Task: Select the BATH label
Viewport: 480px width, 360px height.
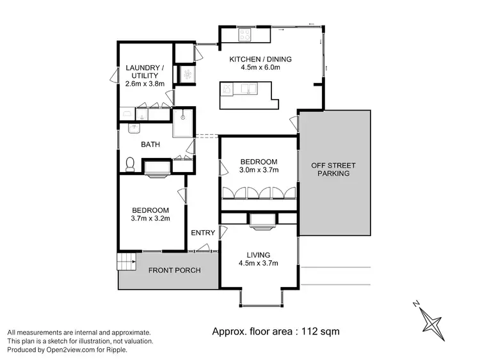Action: (150, 145)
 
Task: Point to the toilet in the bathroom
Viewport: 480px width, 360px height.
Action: (130, 164)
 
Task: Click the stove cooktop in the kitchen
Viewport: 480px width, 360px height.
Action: (245, 34)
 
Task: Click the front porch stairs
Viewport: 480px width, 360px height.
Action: (126, 262)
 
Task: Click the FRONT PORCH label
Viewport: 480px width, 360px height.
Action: (174, 270)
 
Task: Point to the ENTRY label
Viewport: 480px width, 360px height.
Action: (203, 233)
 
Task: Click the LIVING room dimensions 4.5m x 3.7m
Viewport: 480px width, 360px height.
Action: (259, 263)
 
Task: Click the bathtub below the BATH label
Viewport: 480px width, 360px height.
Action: (156, 168)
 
